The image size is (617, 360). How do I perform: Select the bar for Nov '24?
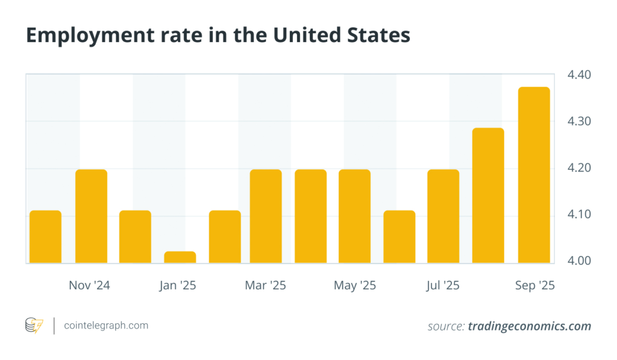point(91,216)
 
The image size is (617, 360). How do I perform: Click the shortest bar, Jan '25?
point(180,257)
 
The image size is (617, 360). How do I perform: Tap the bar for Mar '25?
point(266,216)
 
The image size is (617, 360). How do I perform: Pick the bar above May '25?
point(354,216)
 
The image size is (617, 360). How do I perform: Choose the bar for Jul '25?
point(443,216)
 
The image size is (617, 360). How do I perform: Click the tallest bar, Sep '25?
point(534,175)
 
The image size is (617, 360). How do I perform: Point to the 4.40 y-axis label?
point(578,75)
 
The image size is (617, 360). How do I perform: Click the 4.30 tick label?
point(578,121)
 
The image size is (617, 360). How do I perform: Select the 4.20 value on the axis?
point(578,168)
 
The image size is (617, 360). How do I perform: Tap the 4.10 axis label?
point(578,214)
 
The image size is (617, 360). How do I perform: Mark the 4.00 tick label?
point(578,261)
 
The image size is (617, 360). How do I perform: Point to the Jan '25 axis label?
point(178,285)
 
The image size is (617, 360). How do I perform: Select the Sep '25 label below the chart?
point(535,285)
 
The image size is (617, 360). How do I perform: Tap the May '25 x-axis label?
point(354,285)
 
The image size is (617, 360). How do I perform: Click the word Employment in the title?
point(82,36)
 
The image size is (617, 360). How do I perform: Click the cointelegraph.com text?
point(106,326)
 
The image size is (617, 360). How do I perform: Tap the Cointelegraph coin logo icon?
point(34,326)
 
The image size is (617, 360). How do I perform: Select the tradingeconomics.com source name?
point(529,326)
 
